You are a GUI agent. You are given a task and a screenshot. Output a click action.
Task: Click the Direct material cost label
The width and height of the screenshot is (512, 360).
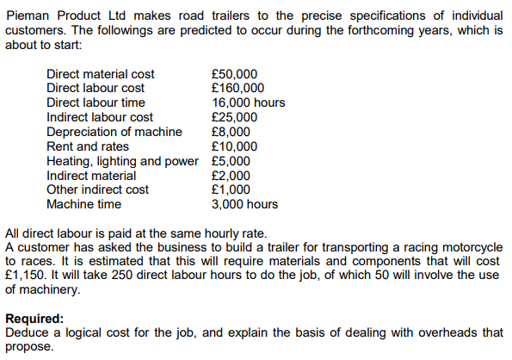100,74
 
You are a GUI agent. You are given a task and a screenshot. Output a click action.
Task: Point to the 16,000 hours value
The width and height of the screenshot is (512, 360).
248,102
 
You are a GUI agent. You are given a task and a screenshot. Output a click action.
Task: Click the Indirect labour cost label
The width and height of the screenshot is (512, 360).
99,117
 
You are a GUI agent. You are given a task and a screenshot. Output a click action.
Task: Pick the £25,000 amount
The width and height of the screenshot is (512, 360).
234,117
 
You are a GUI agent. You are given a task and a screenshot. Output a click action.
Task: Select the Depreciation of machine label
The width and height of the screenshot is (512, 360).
114,132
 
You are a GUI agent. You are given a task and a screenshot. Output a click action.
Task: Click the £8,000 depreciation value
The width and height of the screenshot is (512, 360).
231,132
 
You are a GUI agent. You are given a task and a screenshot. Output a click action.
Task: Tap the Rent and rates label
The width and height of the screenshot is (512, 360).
87,146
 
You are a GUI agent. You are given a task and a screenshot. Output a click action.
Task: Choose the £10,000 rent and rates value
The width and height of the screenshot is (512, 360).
234,146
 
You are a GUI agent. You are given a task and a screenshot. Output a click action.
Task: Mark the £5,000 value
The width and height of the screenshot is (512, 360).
231,161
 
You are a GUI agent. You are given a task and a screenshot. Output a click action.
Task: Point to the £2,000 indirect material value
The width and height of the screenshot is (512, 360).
231,175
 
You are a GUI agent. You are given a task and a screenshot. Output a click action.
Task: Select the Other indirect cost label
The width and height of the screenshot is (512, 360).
97,189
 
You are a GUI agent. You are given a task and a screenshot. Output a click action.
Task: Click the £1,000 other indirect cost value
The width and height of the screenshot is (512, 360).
231,189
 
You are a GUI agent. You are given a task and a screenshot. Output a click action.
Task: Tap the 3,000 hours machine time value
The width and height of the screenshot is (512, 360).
244,204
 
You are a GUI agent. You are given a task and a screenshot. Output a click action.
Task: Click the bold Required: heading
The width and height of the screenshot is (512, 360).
34,319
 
